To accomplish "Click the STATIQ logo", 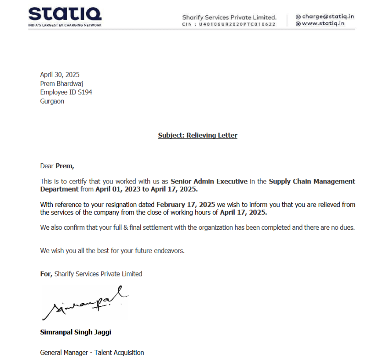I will coord(65,15).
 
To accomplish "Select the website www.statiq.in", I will coord(323,23).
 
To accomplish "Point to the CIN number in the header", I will coord(229,24).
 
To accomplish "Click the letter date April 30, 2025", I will coord(60,75).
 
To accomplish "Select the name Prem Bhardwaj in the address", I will coord(61,83).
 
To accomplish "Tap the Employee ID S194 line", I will coord(66,92).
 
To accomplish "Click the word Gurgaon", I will coord(52,101).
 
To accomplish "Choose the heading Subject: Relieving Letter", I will coord(198,135).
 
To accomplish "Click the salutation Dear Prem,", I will coord(57,166).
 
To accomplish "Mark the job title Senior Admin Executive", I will coord(209,181).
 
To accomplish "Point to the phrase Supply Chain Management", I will coord(312,181).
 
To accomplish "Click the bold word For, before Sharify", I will coord(46,274).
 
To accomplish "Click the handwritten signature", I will coord(85,303).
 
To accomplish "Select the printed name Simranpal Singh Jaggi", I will coord(76,332).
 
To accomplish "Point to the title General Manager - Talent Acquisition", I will coord(92,353).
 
